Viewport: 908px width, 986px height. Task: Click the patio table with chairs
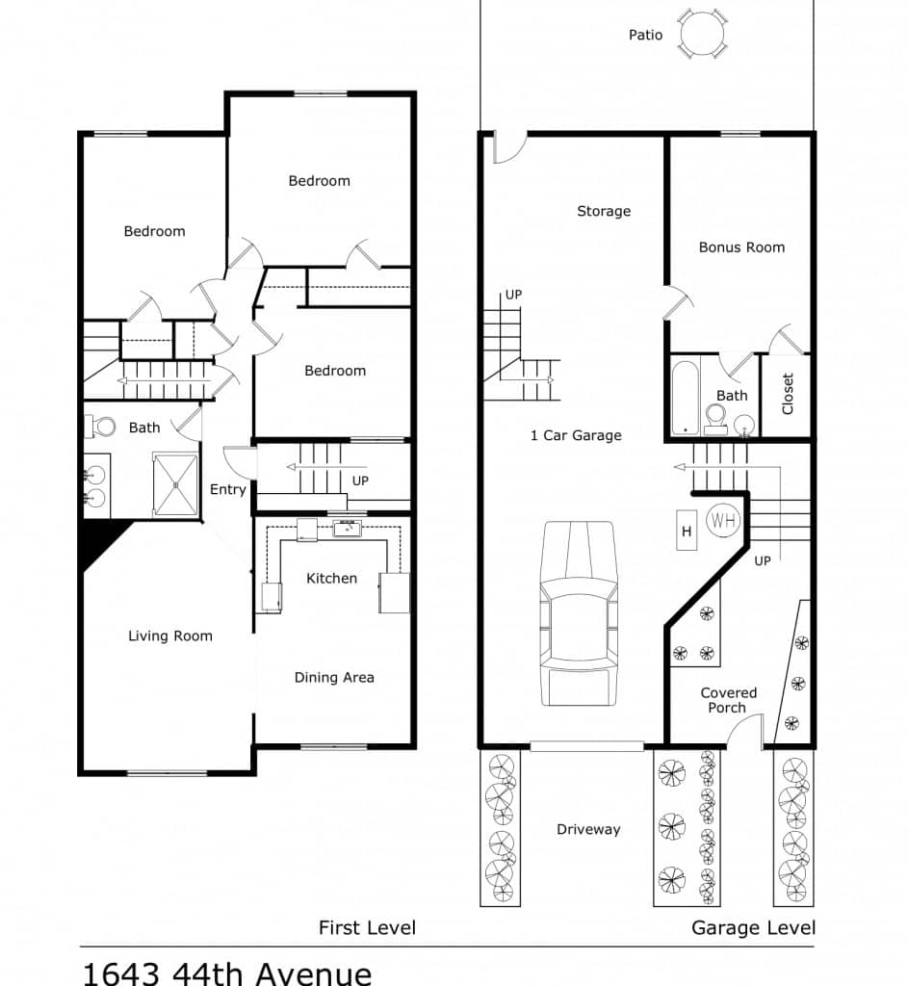(703, 34)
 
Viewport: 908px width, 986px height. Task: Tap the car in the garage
(579, 613)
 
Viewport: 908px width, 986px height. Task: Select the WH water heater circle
(722, 520)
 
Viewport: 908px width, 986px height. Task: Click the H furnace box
(687, 531)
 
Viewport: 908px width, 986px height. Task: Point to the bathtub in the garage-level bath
(685, 397)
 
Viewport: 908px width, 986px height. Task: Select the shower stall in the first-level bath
(175, 484)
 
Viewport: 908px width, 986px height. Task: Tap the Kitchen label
(331, 578)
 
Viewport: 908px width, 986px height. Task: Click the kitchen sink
(347, 528)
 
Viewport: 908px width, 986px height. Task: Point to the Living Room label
(170, 636)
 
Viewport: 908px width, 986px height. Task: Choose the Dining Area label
(334, 677)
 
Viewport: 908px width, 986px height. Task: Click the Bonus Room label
(742, 247)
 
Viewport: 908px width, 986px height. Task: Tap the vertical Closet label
(788, 394)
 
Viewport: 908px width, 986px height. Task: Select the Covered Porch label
(728, 700)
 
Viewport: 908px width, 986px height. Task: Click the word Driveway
(588, 829)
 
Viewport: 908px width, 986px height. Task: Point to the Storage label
(604, 211)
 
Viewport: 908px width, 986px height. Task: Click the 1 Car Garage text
(576, 435)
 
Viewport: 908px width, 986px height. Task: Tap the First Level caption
(367, 927)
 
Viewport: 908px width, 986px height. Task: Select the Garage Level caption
(753, 927)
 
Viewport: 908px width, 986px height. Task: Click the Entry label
(227, 489)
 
